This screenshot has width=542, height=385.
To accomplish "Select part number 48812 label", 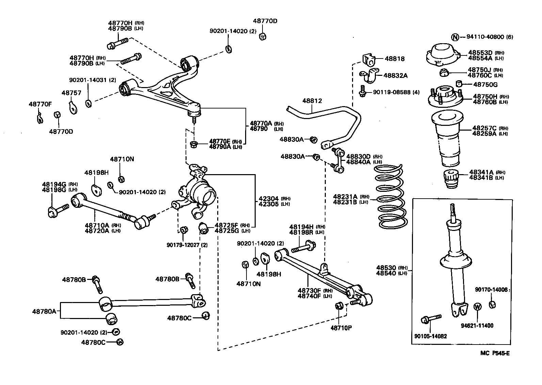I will point(312,101).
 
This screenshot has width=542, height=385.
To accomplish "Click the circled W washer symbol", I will point(478,306).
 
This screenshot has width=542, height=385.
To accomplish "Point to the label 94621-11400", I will point(477,325).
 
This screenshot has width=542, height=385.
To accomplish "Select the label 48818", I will point(395,59).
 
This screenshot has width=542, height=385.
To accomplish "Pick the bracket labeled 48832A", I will point(370,75).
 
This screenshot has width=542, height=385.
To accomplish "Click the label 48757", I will point(71,93).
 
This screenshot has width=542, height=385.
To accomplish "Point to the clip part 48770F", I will point(39,118).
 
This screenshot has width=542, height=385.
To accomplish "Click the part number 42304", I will point(268,199).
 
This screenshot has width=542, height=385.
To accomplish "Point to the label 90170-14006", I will point(491,290).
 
